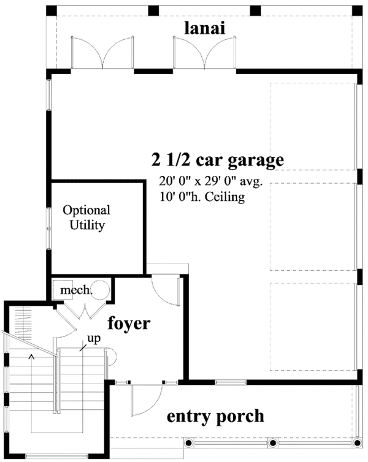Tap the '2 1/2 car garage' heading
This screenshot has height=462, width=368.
tap(218, 161)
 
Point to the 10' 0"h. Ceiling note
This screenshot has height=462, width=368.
tap(202, 197)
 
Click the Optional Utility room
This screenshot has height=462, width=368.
tap(86, 218)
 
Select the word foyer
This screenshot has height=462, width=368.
tap(129, 323)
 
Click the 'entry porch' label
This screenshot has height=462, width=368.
tap(215, 417)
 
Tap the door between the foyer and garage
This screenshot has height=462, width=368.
tap(164, 289)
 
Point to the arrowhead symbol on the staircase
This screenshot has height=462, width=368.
tap(31, 355)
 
